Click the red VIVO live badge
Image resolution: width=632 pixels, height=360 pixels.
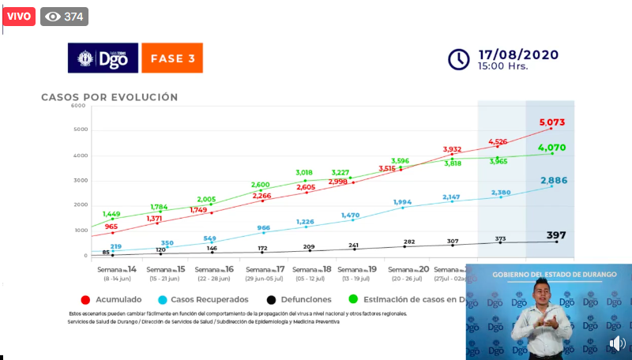pos(18,17)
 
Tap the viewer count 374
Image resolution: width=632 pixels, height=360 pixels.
pos(65,17)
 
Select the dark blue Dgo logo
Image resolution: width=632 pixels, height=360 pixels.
pos(103,58)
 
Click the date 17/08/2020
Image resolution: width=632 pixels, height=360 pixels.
pos(517,54)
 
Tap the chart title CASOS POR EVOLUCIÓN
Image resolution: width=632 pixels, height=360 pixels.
pos(110,97)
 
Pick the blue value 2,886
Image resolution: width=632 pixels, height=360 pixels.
pos(553,181)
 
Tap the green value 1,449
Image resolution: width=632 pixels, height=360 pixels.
pos(111,214)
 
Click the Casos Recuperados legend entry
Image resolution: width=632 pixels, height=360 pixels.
pos(207,300)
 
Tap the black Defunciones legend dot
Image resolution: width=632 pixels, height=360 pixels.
pos(270,300)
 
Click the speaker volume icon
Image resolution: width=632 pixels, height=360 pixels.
pos(617,343)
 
